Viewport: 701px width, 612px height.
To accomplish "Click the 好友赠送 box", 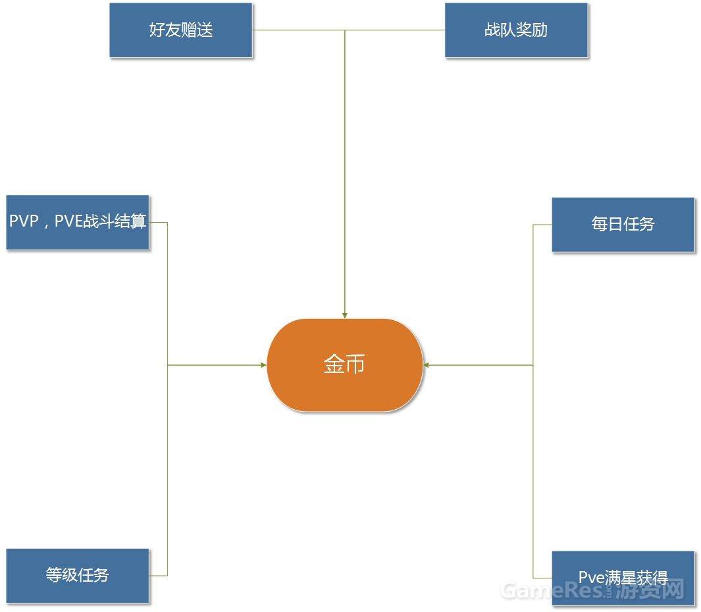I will click(181, 30).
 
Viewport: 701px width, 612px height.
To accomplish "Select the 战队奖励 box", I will click(516, 30).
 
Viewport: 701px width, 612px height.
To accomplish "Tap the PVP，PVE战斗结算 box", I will click(78, 222).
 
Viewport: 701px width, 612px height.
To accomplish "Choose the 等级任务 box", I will click(78, 575).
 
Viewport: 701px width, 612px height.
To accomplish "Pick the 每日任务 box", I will click(623, 224).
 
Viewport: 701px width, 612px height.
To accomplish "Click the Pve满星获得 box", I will click(623, 578).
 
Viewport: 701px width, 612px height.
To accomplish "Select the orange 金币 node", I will click(345, 365).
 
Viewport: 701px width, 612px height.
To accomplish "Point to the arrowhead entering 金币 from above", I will click(345, 315).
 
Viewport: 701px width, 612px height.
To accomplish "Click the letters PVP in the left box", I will click(24, 221).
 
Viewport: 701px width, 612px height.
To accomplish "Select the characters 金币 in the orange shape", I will click(344, 364).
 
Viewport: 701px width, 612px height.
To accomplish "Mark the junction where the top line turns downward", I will click(345, 30).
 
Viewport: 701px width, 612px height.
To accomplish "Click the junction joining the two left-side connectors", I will click(168, 365).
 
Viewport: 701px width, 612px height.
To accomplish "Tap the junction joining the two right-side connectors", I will click(533, 365).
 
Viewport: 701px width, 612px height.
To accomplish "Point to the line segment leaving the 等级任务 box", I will click(159, 576).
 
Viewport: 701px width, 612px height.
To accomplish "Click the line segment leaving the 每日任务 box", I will click(542, 225).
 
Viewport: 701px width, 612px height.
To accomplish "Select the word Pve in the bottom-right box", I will click(591, 578).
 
